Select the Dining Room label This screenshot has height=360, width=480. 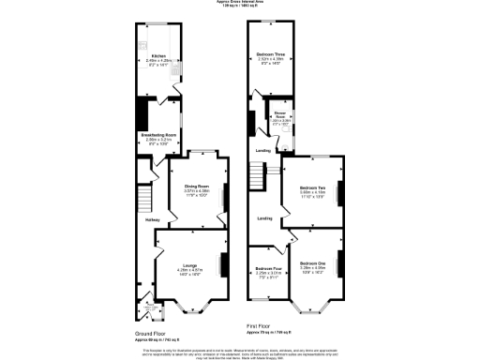point(196,186)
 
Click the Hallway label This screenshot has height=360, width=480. point(153,220)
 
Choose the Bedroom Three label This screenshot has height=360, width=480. point(270,55)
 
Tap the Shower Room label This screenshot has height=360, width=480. point(280,116)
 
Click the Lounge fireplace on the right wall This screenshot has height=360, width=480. point(223,265)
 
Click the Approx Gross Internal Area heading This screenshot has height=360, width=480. point(240,5)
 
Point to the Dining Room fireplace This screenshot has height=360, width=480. point(223,194)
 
